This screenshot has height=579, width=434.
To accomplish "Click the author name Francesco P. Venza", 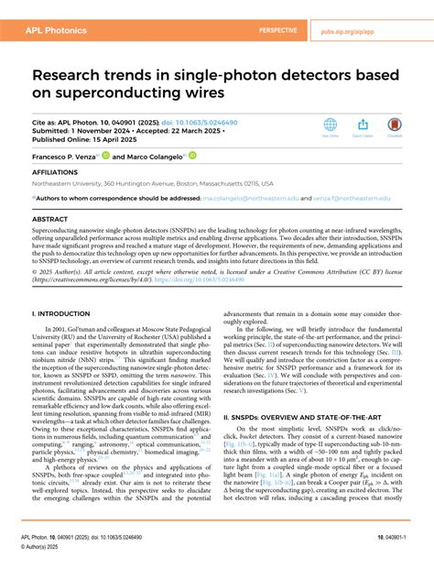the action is click(x=68, y=157).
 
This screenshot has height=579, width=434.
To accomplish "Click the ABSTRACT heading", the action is click(x=49, y=220).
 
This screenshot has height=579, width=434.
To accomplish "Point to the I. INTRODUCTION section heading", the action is click(x=61, y=313).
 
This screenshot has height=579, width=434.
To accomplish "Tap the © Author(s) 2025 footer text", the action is click(x=56, y=566).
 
